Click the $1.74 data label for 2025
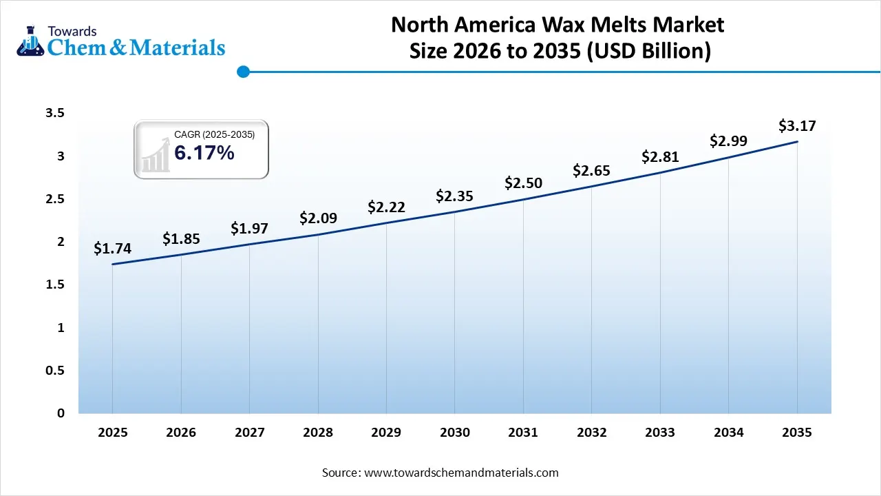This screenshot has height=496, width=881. tap(112, 249)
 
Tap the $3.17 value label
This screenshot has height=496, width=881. tap(797, 126)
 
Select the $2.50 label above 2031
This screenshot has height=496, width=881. tap(523, 183)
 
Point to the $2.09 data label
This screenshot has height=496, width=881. tap(318, 218)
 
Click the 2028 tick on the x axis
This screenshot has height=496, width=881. tap(318, 433)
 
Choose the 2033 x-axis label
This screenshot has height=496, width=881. tap(660, 433)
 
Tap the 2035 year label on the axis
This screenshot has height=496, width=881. tap(797, 433)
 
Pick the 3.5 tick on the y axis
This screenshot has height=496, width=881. tap(54, 113)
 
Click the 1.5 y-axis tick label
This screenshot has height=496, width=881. tap(54, 285)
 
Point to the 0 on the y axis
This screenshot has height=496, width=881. tap(61, 413)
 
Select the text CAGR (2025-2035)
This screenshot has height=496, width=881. tap(214, 135)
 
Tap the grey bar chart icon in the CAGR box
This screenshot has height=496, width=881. tap(155, 154)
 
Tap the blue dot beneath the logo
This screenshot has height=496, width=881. tap(242, 72)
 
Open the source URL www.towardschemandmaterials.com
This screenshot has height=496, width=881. tap(460, 473)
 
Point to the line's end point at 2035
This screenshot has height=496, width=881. tap(797, 142)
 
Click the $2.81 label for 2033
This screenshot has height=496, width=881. tap(660, 157)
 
